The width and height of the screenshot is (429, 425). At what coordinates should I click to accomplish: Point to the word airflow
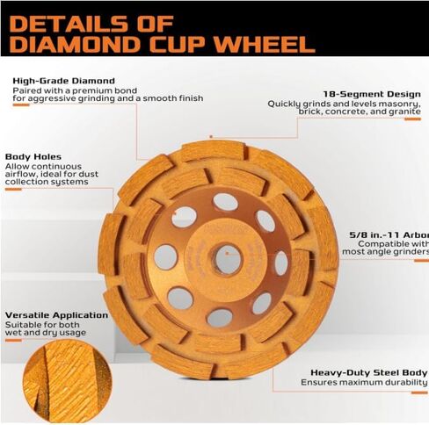22,175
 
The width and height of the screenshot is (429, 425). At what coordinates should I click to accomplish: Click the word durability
403,383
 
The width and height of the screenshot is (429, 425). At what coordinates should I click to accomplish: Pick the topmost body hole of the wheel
225,202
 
